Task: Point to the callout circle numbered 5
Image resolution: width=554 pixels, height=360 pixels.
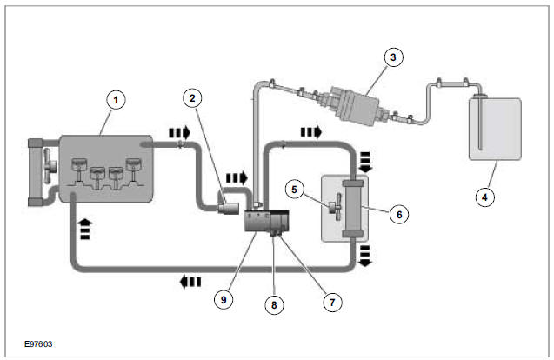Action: click(x=295, y=186)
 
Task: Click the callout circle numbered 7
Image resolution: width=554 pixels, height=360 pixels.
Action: click(x=330, y=303)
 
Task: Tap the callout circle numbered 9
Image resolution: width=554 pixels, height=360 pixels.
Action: click(x=225, y=298)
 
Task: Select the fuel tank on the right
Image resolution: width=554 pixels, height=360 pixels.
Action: click(x=494, y=130)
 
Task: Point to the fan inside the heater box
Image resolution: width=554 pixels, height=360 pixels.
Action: click(x=334, y=209)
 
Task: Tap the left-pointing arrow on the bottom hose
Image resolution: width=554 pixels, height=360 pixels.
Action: click(x=190, y=281)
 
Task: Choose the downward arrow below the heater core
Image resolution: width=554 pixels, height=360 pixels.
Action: click(x=365, y=254)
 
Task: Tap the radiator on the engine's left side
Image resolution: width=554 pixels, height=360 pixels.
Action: click(x=36, y=171)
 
